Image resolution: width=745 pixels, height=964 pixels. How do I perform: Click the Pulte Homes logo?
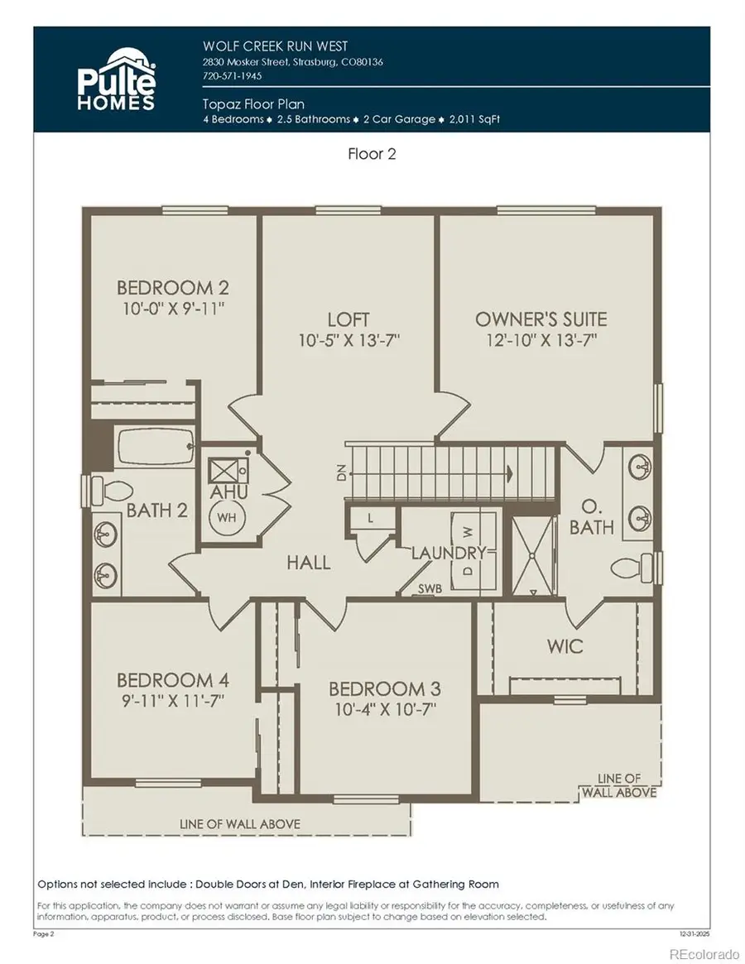[116, 79]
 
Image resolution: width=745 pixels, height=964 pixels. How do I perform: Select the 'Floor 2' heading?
[371, 155]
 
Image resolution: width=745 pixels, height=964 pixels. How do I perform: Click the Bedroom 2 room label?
[172, 288]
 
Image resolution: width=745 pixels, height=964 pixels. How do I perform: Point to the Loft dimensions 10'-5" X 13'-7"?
[348, 340]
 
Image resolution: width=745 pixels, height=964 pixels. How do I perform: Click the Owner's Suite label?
[541, 319]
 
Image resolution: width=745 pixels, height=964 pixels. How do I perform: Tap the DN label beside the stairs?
[340, 473]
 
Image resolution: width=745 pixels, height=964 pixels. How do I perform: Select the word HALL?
[309, 563]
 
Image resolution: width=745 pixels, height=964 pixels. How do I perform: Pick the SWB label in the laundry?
[429, 588]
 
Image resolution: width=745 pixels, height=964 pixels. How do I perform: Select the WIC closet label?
[564, 645]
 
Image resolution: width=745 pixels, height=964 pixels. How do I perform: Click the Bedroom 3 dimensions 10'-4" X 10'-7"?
[384, 709]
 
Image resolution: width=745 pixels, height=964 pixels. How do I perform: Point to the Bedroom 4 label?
[172, 680]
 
